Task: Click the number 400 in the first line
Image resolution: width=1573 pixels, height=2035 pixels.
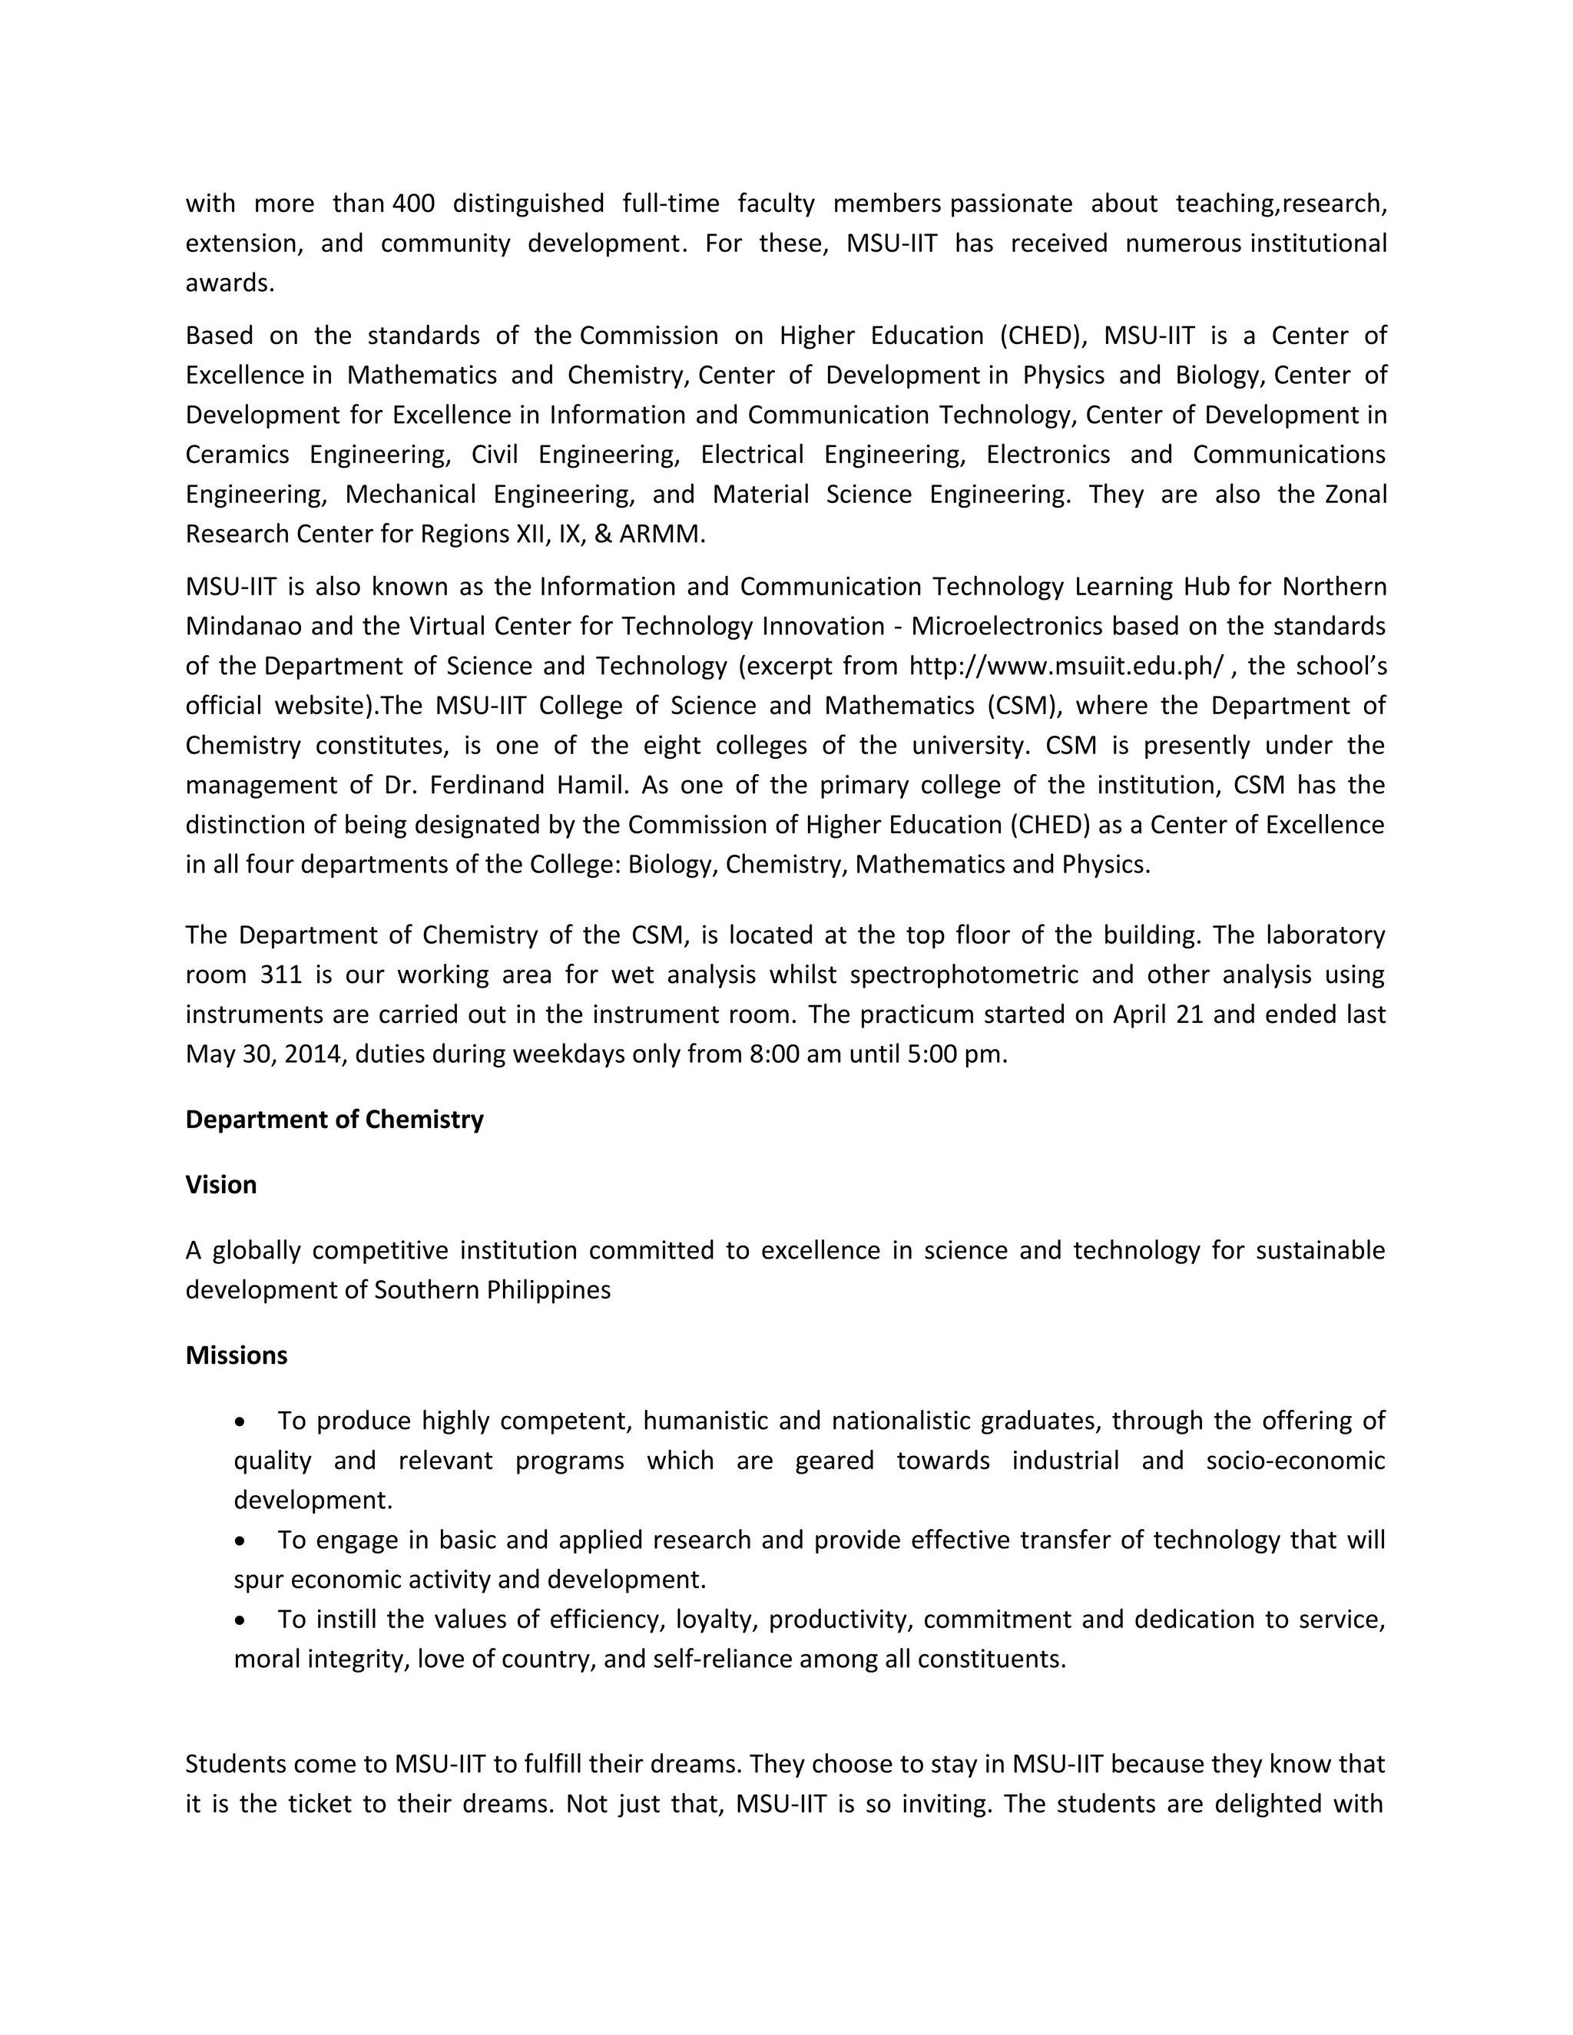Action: pyautogui.click(x=414, y=203)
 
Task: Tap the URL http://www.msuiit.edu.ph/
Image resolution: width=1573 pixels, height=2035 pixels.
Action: pyautogui.click(x=1066, y=667)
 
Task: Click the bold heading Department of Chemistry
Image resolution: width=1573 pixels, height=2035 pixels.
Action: pyautogui.click(x=333, y=1119)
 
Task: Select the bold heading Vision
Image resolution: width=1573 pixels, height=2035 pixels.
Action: pyautogui.click(x=221, y=1184)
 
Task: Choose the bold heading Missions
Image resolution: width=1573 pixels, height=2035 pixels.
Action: pyautogui.click(x=236, y=1355)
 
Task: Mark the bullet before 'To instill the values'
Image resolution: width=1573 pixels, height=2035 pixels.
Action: pyautogui.click(x=241, y=1620)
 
